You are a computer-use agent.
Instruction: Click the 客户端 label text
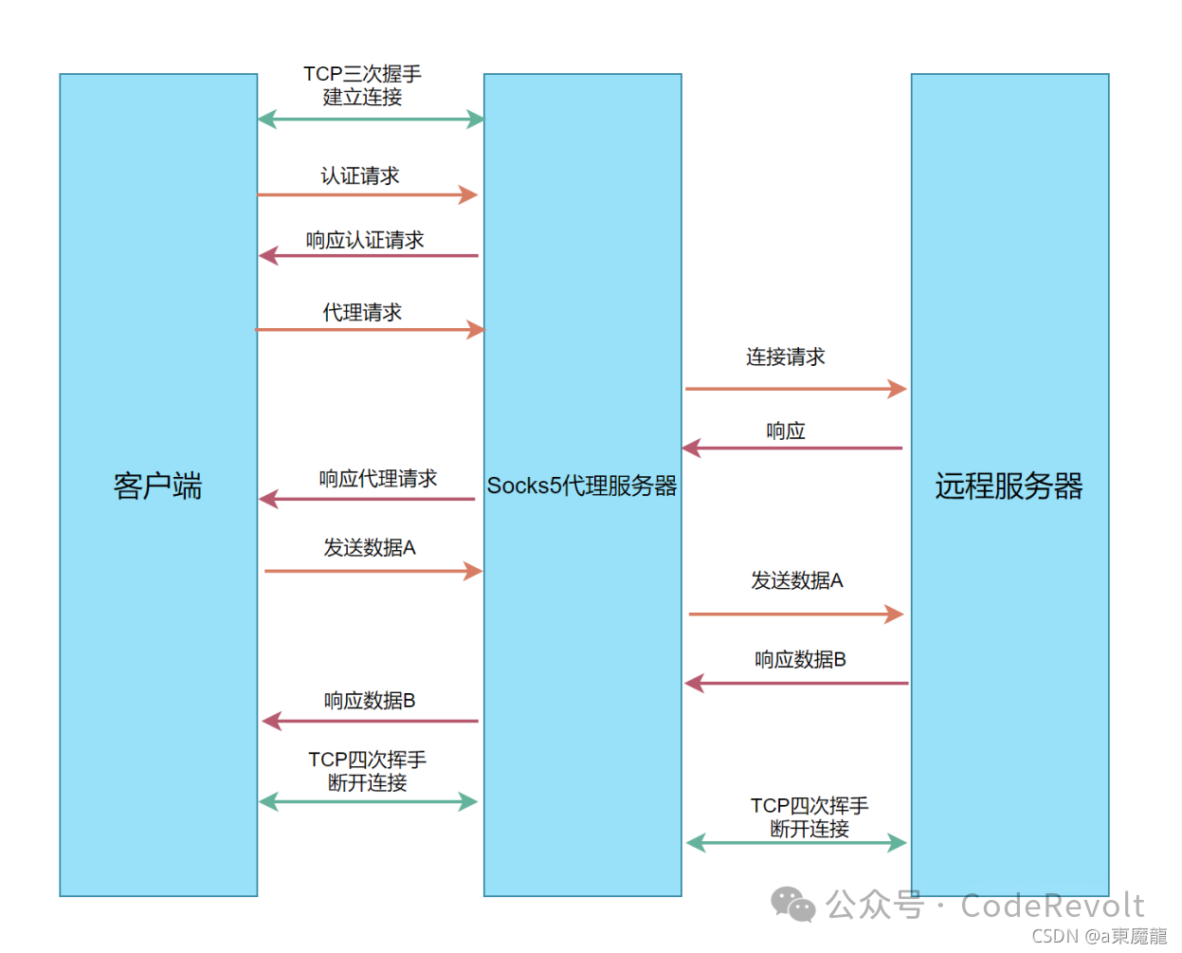click(x=157, y=486)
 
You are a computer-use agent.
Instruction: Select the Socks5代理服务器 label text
click(x=582, y=486)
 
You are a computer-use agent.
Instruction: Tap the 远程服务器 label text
click(x=1009, y=486)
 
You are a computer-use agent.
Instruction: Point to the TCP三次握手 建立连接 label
click(x=362, y=85)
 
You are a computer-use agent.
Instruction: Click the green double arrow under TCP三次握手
click(x=371, y=119)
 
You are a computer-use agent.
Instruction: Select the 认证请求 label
click(x=360, y=176)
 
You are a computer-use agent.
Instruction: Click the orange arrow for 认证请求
click(x=367, y=195)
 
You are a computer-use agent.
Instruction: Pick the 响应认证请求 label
click(x=365, y=241)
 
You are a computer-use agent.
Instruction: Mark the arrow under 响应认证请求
click(x=369, y=256)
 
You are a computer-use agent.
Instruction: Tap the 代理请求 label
click(x=362, y=313)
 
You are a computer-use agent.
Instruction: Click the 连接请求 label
click(x=786, y=357)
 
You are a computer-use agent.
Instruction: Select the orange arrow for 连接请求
click(x=795, y=389)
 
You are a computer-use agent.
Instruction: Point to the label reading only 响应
click(x=786, y=431)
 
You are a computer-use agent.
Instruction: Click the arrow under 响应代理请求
click(x=367, y=499)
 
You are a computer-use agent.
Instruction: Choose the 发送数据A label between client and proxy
click(x=370, y=548)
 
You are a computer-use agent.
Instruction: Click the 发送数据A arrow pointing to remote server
click(x=795, y=614)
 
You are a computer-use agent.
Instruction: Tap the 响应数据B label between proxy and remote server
click(x=800, y=660)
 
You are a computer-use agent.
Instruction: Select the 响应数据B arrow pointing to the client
click(x=370, y=722)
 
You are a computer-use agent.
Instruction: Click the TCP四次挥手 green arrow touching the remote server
click(x=795, y=842)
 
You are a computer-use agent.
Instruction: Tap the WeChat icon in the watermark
click(x=793, y=905)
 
